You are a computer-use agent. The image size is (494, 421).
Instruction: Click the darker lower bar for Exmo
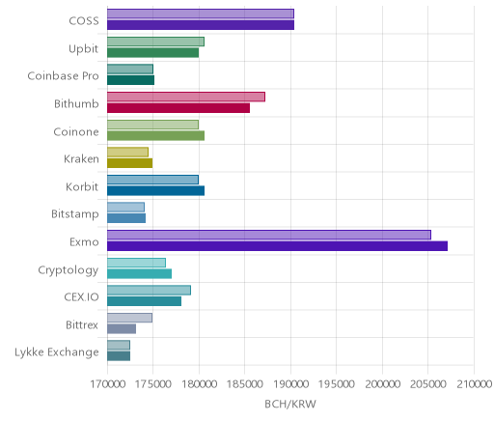(x=277, y=246)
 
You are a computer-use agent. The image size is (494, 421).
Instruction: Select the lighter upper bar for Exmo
(x=269, y=235)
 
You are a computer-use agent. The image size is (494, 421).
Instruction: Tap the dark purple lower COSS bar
(x=201, y=25)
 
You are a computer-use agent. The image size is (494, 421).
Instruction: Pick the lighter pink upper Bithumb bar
(x=186, y=97)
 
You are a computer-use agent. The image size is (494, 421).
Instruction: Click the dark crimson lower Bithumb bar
(x=178, y=108)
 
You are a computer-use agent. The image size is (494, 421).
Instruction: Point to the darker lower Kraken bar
(x=129, y=163)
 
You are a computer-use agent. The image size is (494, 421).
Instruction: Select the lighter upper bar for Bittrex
(x=129, y=318)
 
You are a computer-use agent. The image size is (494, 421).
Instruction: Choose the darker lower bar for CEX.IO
(x=144, y=301)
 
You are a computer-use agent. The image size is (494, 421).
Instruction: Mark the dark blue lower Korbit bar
(x=155, y=191)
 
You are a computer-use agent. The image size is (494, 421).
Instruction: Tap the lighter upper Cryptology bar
(x=136, y=263)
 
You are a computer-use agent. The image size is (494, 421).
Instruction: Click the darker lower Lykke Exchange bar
(x=119, y=356)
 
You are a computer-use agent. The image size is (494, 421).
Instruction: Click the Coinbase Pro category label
(x=63, y=76)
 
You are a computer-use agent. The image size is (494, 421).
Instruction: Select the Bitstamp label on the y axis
(x=75, y=214)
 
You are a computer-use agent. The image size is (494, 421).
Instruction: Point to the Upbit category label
(x=83, y=49)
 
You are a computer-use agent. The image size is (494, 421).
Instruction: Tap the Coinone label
(x=76, y=131)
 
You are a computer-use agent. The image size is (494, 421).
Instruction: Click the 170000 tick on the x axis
(x=107, y=384)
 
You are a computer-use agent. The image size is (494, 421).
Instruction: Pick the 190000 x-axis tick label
(x=290, y=384)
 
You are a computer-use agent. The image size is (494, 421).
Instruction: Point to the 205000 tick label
(x=428, y=384)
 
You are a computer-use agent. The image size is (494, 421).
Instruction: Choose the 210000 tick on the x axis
(x=474, y=384)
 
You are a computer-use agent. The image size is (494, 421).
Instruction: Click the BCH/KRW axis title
(x=290, y=405)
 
